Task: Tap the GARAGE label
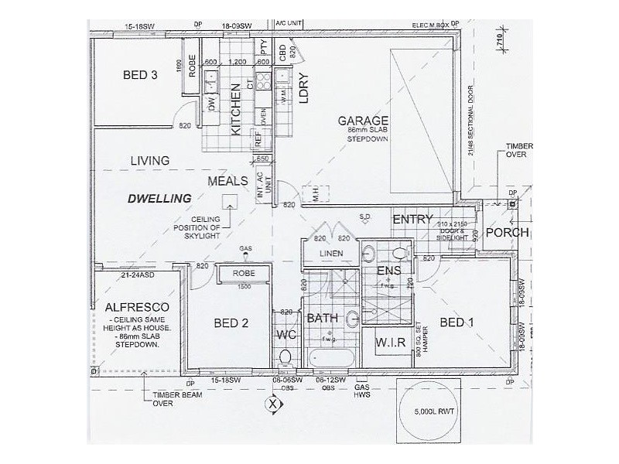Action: point(362,121)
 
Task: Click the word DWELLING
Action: point(159,198)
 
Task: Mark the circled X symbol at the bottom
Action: point(272,403)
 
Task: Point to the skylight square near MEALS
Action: point(229,201)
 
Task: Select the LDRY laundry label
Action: point(304,88)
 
